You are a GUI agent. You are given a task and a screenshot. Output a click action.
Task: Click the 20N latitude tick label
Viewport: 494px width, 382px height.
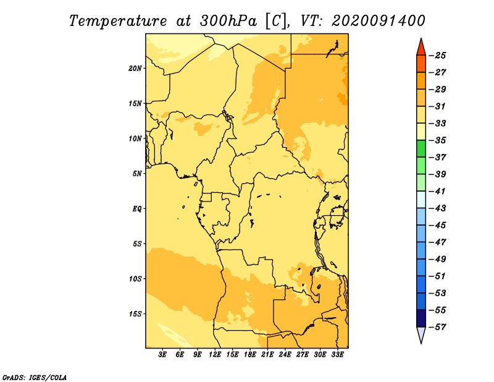pos(135,68)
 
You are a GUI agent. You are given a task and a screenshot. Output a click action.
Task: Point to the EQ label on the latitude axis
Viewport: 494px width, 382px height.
pos(136,208)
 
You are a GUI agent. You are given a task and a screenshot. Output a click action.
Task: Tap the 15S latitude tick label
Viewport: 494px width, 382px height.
pos(135,313)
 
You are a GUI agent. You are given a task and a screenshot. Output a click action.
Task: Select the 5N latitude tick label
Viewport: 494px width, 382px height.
pos(136,174)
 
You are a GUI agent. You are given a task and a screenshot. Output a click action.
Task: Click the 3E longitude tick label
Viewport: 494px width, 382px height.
pos(162,354)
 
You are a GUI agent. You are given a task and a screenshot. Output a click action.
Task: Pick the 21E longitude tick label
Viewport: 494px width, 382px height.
pos(267,354)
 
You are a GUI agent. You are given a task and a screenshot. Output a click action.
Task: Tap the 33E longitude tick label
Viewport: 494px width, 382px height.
pos(337,354)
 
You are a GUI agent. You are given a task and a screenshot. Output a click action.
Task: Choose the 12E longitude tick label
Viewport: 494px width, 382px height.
pos(215,354)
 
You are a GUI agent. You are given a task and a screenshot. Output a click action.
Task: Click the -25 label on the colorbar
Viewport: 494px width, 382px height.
pos(438,56)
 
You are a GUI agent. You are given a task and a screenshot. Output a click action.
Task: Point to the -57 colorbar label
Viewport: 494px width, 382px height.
pos(438,327)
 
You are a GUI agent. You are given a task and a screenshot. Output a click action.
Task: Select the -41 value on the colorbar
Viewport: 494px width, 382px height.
pos(438,191)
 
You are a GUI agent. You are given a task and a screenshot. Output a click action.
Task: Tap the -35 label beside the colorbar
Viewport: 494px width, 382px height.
pos(438,140)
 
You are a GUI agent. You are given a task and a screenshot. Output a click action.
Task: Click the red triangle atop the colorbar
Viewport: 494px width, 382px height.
pos(421,48)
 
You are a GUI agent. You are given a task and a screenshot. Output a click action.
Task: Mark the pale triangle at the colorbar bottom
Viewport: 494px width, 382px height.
pos(421,334)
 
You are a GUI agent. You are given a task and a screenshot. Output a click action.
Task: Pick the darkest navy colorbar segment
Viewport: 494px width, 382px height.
pos(421,318)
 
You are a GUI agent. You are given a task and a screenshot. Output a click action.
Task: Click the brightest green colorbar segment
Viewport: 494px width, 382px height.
pos(421,149)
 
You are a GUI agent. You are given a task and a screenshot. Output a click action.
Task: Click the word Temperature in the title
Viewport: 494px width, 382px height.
pos(118,22)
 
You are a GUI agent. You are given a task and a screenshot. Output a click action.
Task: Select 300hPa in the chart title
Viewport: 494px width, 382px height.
pos(228,21)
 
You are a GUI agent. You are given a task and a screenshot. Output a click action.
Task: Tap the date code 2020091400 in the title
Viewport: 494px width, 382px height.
pos(379,21)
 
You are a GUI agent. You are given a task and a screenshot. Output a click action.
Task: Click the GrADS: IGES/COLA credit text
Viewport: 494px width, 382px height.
pos(35,378)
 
